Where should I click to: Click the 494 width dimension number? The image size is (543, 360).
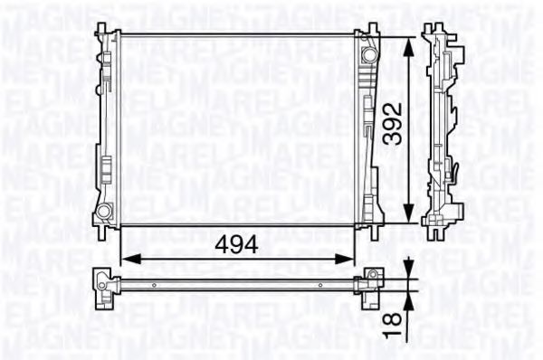tap(237, 244)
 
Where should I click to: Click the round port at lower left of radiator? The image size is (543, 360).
tap(103, 213)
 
